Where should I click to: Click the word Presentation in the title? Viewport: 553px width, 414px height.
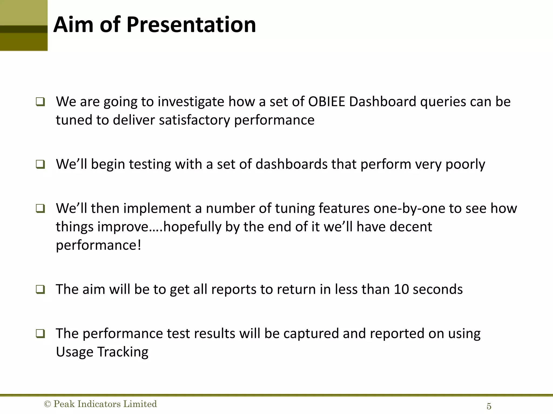pyautogui.click(x=191, y=25)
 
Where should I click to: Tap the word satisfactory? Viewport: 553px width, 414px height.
pyautogui.click(x=194, y=120)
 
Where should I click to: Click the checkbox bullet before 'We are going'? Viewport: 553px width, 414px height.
pyautogui.click(x=40, y=102)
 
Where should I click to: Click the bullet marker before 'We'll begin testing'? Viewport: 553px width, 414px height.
pyautogui.click(x=40, y=164)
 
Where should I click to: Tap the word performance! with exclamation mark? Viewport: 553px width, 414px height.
pyautogui.click(x=98, y=245)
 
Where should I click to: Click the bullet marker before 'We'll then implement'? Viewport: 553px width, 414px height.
pyautogui.click(x=40, y=209)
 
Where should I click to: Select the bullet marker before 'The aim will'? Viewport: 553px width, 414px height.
pyautogui.click(x=40, y=290)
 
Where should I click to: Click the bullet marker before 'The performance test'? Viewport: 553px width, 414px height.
pyautogui.click(x=40, y=334)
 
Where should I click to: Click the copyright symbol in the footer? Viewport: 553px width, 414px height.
pyautogui.click(x=47, y=404)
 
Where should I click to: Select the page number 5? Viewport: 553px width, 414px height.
pyautogui.click(x=489, y=406)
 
